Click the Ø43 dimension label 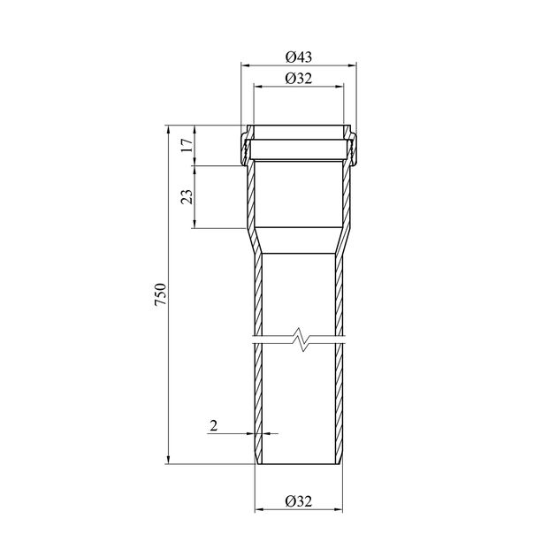(x=299, y=57)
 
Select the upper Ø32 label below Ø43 (x=299, y=78)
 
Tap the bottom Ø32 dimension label (x=299, y=501)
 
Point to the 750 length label (x=161, y=294)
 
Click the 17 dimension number (x=187, y=145)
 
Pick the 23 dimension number (x=187, y=196)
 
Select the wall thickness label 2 (x=213, y=425)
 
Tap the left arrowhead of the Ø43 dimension (x=245, y=65)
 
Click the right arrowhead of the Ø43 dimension (x=352, y=65)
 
